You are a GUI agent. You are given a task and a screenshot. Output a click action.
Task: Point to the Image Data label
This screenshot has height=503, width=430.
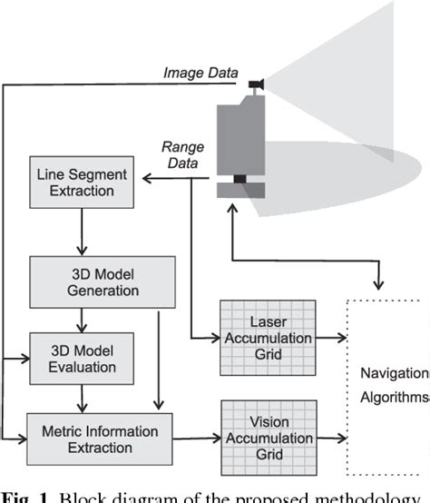click(201, 72)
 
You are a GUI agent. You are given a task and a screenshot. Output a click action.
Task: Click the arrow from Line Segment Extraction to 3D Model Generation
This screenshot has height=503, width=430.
click(83, 229)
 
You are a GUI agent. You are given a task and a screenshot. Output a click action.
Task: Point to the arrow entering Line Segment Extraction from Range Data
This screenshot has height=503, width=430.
click(145, 180)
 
